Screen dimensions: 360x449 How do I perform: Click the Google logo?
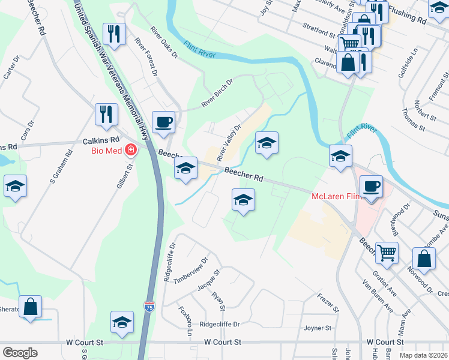20,352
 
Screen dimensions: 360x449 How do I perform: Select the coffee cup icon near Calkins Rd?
163,123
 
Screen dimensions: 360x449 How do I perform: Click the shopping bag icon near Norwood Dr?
424,259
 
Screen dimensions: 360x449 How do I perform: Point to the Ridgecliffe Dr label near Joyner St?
220,324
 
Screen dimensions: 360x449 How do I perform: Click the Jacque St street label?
209,279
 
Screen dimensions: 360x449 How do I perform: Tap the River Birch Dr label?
217,94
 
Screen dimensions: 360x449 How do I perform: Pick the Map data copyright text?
424,355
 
